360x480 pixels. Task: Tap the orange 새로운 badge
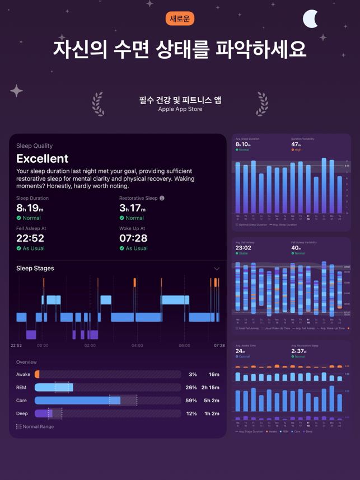(x=180, y=18)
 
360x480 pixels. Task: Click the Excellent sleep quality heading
(x=43, y=158)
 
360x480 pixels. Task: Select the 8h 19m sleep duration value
(x=30, y=208)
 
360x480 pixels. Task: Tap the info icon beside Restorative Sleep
(x=162, y=198)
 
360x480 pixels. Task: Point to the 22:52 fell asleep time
(x=30, y=238)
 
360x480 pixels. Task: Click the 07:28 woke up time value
(x=133, y=238)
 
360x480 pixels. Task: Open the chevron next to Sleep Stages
(x=217, y=269)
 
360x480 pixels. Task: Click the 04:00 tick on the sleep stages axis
(x=137, y=346)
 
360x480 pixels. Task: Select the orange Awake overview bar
(x=38, y=374)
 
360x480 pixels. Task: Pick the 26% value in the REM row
(x=191, y=387)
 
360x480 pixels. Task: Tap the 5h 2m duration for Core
(x=211, y=401)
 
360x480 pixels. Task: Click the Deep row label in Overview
(x=22, y=413)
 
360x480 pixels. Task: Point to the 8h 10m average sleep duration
(x=243, y=144)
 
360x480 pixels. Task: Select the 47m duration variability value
(x=297, y=144)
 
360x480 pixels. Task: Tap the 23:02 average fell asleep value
(x=244, y=248)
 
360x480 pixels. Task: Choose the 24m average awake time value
(x=240, y=351)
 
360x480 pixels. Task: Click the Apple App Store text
(x=180, y=109)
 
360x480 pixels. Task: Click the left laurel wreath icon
(x=98, y=104)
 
